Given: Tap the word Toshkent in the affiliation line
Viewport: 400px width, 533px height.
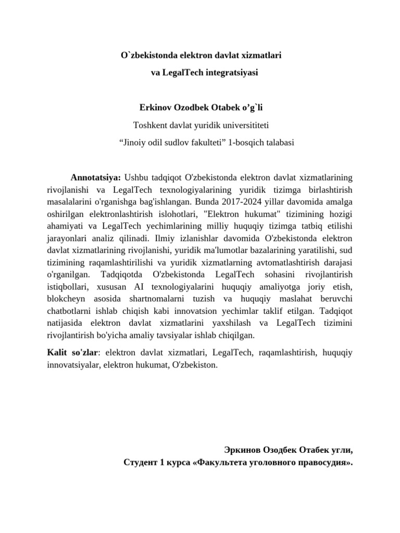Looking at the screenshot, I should pos(152,125).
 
